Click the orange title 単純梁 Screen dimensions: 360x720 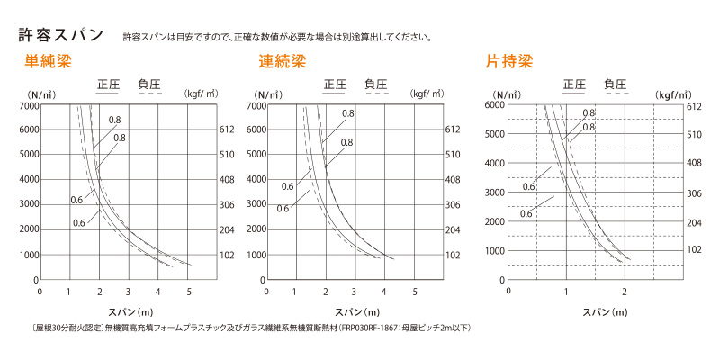tap(48, 63)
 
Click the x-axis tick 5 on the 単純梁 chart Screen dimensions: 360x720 tap(189, 292)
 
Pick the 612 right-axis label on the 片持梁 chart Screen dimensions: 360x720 tap(693, 106)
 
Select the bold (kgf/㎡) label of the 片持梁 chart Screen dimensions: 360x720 tap(674, 94)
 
